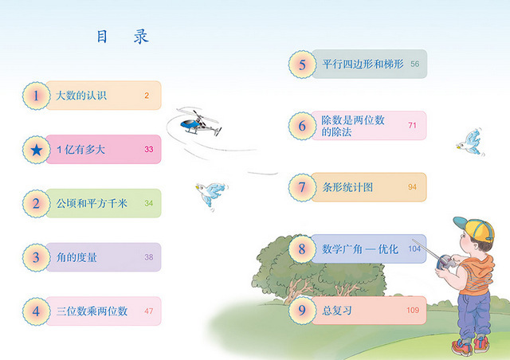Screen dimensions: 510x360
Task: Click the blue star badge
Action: [37, 150]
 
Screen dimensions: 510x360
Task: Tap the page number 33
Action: [149, 149]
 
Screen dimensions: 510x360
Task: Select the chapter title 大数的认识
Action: [81, 96]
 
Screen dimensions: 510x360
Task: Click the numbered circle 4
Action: [37, 311]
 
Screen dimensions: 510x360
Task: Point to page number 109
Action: [413, 311]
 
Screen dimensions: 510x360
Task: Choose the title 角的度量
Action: [76, 257]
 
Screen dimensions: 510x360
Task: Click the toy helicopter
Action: [200, 123]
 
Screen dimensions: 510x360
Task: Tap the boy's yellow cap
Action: [475, 228]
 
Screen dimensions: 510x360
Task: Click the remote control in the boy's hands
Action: [445, 262]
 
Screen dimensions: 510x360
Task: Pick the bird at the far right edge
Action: [470, 143]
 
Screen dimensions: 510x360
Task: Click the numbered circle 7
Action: [302, 187]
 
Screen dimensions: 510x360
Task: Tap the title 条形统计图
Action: [347, 187]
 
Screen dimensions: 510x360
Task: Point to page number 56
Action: [414, 64]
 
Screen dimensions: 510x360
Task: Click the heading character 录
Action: [141, 37]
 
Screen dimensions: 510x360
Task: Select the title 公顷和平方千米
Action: [92, 203]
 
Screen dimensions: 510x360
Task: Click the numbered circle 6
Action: [302, 126]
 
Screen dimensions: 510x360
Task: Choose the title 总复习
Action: [337, 311]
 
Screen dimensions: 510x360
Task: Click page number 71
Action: [413, 125]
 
